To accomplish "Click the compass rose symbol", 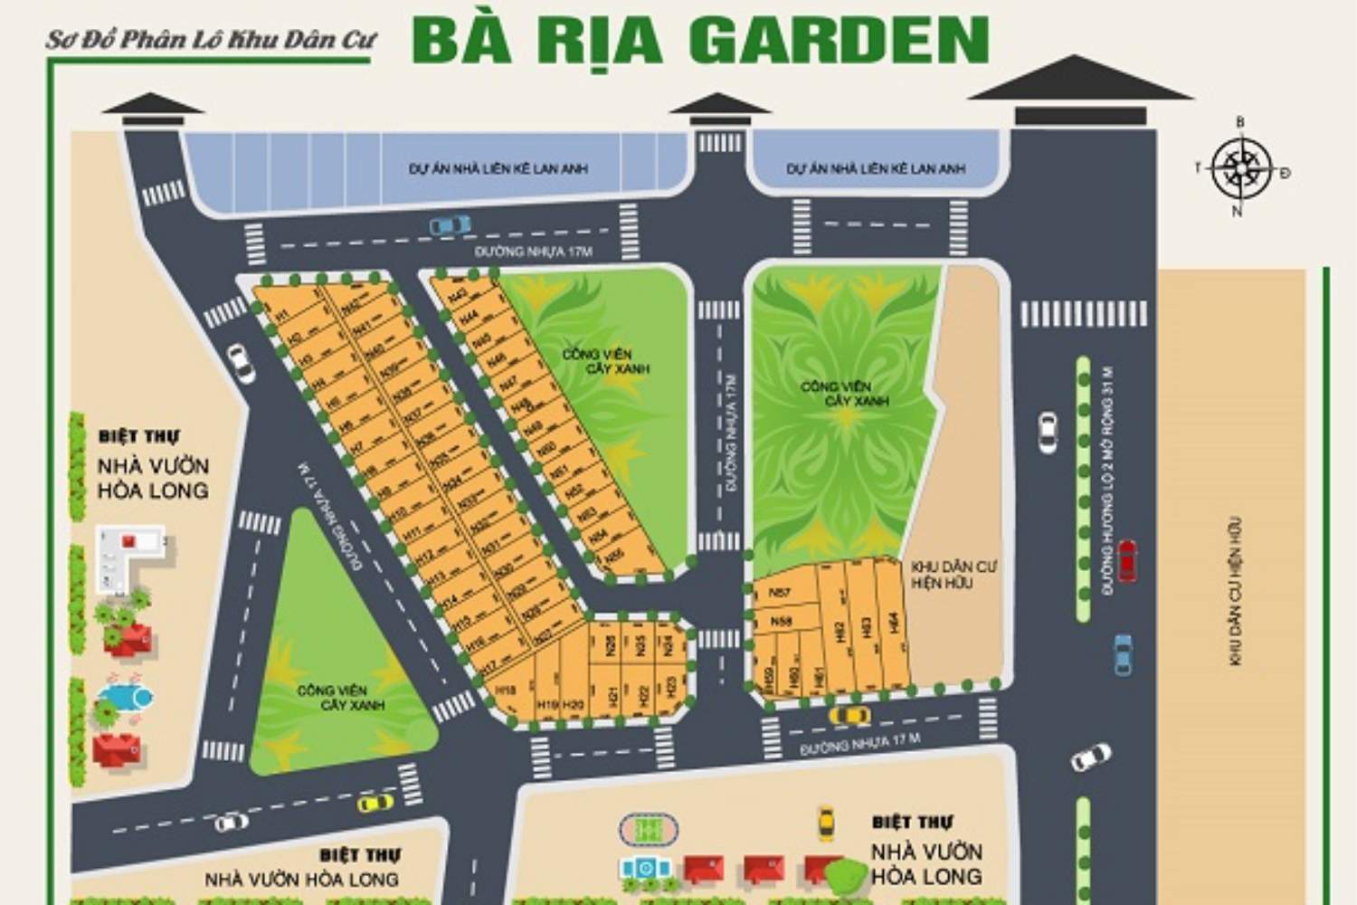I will [1241, 168].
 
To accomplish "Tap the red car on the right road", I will [1127, 560].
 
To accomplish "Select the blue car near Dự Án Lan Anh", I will [450, 224].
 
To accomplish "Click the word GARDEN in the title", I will [838, 41].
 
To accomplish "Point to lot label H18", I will [506, 690].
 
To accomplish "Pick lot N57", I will [780, 592].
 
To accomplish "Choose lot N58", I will [781, 622].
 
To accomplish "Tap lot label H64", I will [893, 624].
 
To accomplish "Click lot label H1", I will [281, 315].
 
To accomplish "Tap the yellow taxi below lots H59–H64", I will [849, 715].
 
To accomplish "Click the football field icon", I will [647, 828].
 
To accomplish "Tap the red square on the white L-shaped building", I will [128, 541].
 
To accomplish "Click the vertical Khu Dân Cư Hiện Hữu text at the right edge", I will [1236, 592].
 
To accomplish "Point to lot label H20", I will [574, 704].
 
